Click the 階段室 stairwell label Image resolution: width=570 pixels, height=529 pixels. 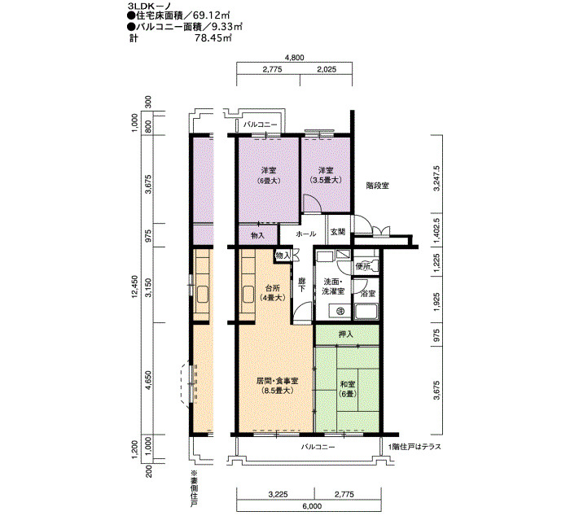(x=377, y=186)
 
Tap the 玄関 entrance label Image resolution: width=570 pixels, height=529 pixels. (x=338, y=231)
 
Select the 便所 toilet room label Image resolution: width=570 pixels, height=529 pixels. (x=363, y=267)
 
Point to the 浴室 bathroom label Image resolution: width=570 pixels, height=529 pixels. (x=368, y=294)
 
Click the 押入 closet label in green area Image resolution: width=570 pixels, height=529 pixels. (x=346, y=334)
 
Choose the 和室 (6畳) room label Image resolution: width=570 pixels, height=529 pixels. (x=348, y=389)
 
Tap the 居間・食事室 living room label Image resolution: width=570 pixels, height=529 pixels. (x=278, y=386)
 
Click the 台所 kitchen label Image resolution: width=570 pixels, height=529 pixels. (x=273, y=293)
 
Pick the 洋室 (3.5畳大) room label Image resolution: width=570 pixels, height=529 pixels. (x=326, y=175)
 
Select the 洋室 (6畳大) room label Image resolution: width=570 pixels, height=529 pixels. (x=269, y=175)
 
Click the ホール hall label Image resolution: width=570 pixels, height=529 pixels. (x=306, y=234)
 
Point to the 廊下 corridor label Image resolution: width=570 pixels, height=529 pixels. (x=301, y=285)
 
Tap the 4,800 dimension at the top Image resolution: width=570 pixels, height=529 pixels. (x=295, y=58)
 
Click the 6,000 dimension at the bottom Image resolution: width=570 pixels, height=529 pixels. (x=312, y=505)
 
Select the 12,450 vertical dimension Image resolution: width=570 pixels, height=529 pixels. (x=135, y=286)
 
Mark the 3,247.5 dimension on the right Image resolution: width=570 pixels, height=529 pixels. (x=437, y=178)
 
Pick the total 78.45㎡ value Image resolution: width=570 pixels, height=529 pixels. (x=213, y=38)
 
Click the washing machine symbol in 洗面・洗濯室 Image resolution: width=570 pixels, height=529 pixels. (x=340, y=311)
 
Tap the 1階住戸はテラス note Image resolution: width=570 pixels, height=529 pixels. (x=414, y=447)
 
